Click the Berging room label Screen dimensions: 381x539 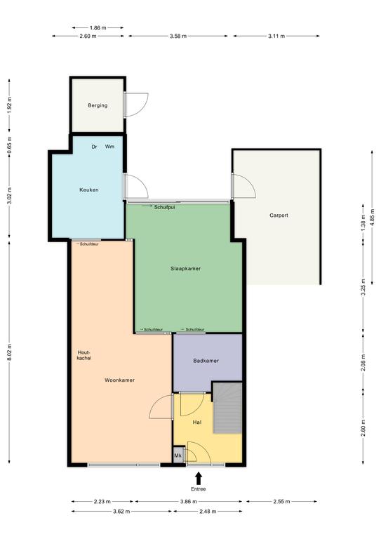pyautogui.click(x=98, y=105)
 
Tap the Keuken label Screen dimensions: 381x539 pyautogui.click(x=89, y=189)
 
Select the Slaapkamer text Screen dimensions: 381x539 pyautogui.click(x=185, y=269)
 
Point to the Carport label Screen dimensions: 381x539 pyautogui.click(x=279, y=215)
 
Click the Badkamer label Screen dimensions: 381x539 pyautogui.click(x=206, y=361)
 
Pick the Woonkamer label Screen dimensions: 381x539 pyautogui.click(x=119, y=380)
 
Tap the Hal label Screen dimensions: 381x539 pyautogui.click(x=197, y=422)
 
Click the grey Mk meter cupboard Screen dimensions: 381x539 pyautogui.click(x=178, y=455)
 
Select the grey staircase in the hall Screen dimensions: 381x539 pyautogui.click(x=227, y=408)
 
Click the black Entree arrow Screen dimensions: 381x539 pyautogui.click(x=199, y=478)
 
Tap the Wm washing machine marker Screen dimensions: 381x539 pyautogui.click(x=110, y=147)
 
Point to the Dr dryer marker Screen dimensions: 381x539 pyautogui.click(x=94, y=147)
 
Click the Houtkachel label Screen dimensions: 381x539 pyautogui.click(x=84, y=355)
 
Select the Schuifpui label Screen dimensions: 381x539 pyautogui.click(x=165, y=207)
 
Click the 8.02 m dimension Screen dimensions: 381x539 pyautogui.click(x=9, y=352)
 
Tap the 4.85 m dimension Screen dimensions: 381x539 pyautogui.click(x=373, y=217)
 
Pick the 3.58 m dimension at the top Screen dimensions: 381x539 pyautogui.click(x=178, y=36)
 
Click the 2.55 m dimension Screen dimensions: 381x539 pyautogui.click(x=281, y=502)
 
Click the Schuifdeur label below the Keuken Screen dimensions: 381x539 pyautogui.click(x=89, y=244)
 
